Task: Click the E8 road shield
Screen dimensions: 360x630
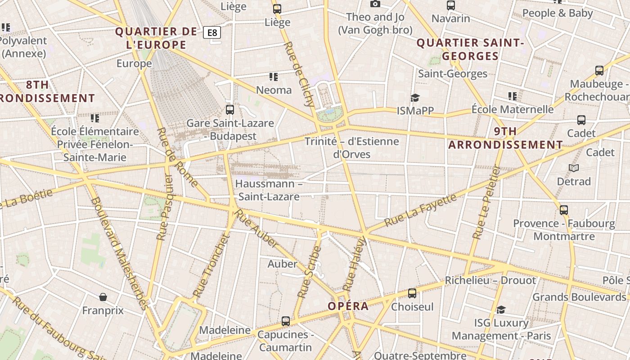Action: click(211, 32)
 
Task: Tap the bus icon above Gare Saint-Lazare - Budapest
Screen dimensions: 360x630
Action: click(230, 109)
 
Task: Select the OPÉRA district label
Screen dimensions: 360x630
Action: click(348, 306)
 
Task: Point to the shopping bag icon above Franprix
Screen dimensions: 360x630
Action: click(103, 297)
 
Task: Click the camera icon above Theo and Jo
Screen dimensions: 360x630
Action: click(375, 4)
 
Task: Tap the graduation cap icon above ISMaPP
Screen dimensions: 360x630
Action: click(414, 98)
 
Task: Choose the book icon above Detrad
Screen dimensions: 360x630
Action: click(573, 168)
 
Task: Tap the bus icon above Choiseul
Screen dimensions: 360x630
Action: click(412, 293)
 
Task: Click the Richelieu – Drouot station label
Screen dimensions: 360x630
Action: click(490, 280)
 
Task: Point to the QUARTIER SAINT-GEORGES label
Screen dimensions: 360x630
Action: click(470, 49)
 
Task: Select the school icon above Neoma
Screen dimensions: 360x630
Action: click(273, 77)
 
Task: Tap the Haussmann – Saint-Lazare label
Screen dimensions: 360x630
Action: click(269, 190)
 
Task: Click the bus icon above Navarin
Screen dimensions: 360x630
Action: click(450, 5)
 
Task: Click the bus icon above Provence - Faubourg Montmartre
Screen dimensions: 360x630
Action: click(563, 210)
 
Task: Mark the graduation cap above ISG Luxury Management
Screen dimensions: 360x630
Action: click(501, 310)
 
